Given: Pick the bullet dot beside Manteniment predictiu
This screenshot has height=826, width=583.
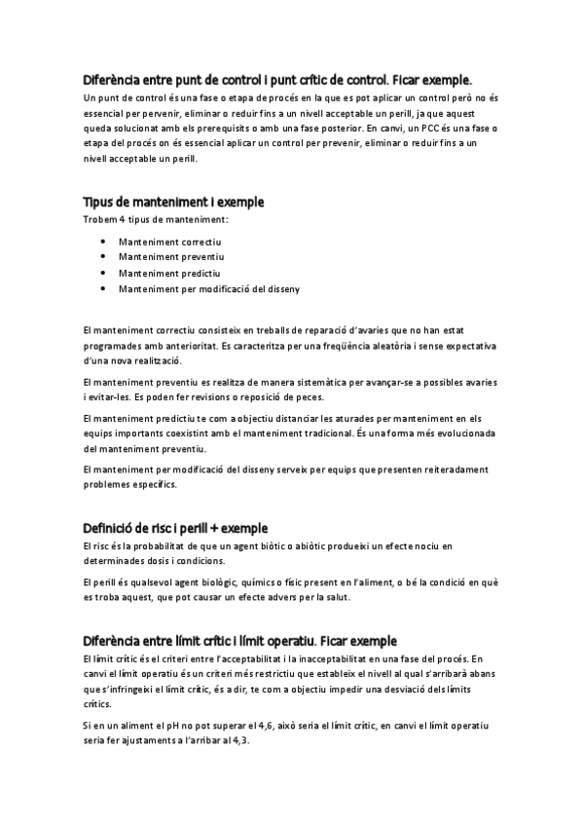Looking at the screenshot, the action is pos(103,273).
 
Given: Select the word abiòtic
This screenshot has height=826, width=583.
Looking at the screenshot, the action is pos(314,546).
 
